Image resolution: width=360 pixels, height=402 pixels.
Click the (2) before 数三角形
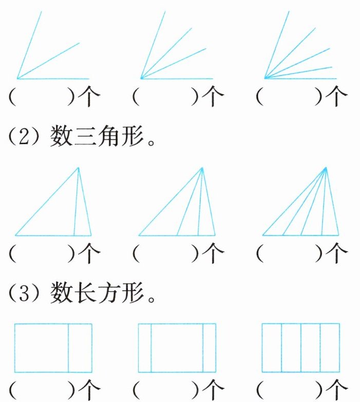point(24,137)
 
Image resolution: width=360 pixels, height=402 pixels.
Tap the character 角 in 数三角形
point(110,137)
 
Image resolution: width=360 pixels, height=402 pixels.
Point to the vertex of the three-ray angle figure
point(18,79)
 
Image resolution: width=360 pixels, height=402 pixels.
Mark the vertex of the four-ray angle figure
point(141,79)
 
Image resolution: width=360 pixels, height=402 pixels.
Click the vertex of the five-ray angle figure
point(265,78)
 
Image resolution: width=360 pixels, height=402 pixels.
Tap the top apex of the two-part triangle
point(78,167)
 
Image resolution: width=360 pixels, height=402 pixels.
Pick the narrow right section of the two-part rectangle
point(80,348)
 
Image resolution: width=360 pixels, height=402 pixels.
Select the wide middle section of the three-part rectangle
point(177,348)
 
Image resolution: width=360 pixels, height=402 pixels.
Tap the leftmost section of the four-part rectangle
point(272,348)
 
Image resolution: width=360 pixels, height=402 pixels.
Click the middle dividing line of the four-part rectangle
point(300,348)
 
